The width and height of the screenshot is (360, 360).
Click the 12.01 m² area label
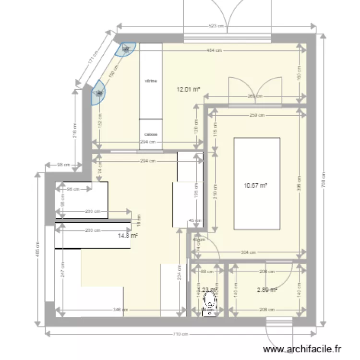pos(188,89)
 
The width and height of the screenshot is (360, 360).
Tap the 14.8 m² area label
pos(128,236)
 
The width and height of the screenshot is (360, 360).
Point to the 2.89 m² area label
pos(267,290)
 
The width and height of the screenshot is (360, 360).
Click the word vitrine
pos(151,81)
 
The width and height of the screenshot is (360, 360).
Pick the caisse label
pos(151,135)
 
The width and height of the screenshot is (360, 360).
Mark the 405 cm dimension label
pos(39,249)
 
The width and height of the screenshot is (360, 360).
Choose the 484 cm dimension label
pos(214,50)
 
